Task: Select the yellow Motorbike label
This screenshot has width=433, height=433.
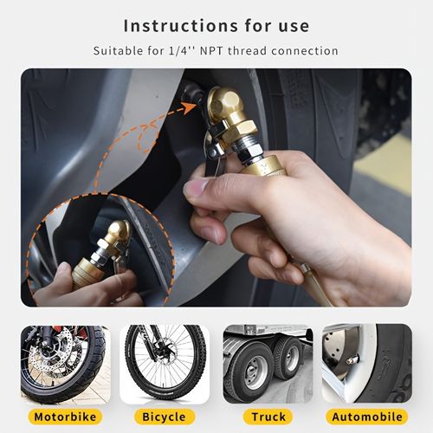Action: (64, 417)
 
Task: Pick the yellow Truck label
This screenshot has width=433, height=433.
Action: (268, 417)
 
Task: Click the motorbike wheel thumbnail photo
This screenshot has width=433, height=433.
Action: (64, 364)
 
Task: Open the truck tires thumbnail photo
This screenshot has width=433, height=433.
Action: (268, 364)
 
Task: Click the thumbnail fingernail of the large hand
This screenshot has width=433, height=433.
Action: (197, 186)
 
